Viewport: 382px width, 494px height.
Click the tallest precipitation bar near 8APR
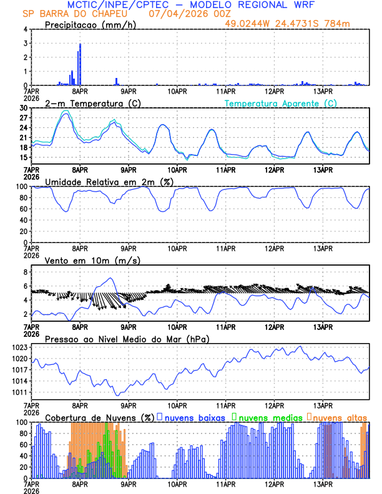(x=81, y=62)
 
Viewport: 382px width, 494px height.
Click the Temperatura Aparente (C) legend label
(x=281, y=103)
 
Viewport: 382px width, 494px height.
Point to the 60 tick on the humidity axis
(x=24, y=209)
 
